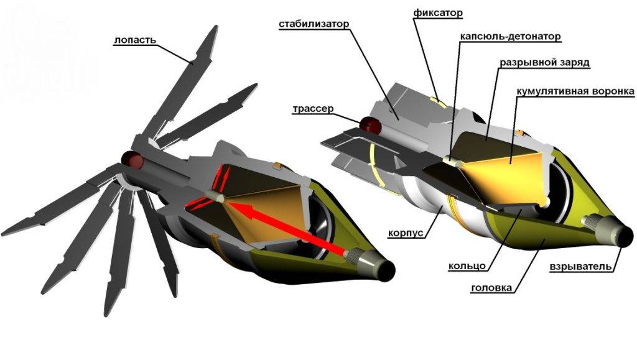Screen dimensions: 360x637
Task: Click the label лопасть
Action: point(134,41)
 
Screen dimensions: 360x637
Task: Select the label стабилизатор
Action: point(314,24)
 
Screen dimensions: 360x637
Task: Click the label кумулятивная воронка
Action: point(575,91)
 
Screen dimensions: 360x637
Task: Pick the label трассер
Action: point(313,108)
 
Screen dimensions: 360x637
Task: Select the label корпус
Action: point(407,233)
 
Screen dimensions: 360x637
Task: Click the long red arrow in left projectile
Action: point(292,231)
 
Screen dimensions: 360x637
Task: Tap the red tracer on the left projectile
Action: point(133,160)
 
